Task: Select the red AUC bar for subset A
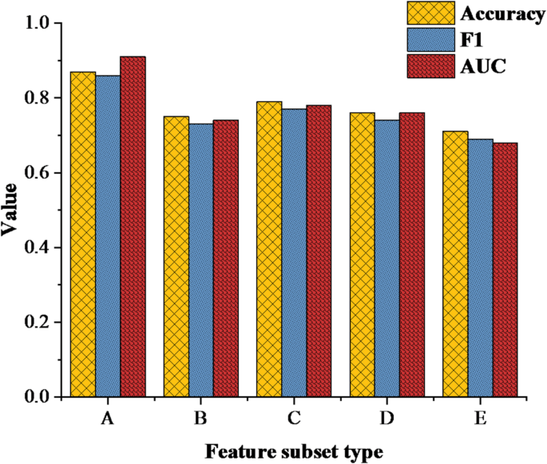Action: click(x=133, y=226)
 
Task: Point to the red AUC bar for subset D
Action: click(x=411, y=254)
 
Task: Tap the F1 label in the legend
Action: click(x=471, y=39)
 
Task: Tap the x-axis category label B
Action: click(x=200, y=419)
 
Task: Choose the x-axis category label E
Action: click(x=480, y=419)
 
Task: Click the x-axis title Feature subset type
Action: click(x=293, y=451)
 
